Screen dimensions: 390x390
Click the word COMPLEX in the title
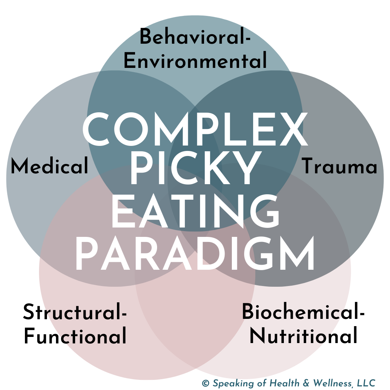[195, 130]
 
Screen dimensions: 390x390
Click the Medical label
[49, 166]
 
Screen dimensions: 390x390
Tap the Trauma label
[339, 166]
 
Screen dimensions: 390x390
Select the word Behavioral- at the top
[195, 38]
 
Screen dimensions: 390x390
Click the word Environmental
[195, 61]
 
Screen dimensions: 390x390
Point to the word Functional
[75, 336]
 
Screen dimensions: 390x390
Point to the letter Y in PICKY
[245, 169]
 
